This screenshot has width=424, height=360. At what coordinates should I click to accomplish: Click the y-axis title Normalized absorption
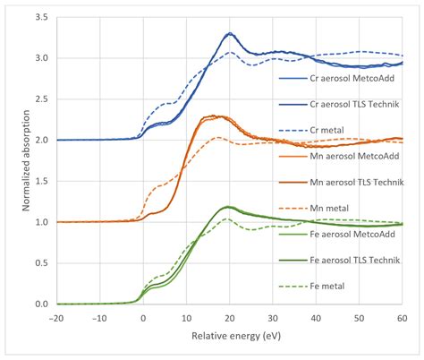12,159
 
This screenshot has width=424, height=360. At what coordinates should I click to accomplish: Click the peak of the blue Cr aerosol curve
229,34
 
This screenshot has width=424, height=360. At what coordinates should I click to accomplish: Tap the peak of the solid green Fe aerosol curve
227,207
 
